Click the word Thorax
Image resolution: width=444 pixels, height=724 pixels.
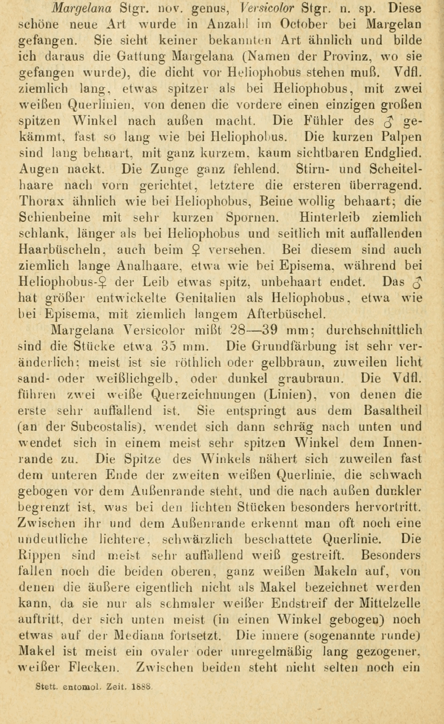point(40,202)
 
